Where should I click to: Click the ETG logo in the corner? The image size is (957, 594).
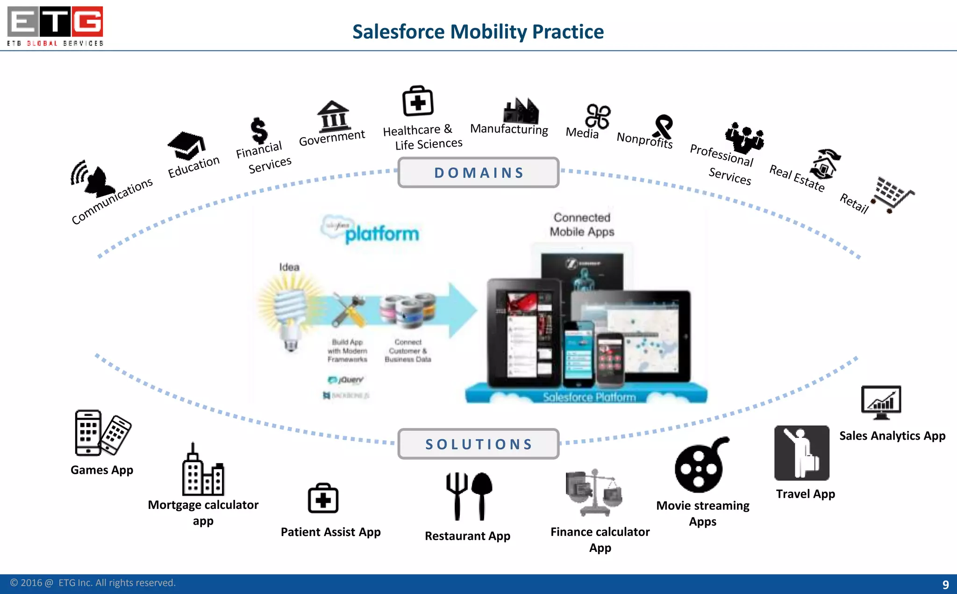coord(55,26)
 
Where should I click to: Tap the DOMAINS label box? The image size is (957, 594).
coord(478,173)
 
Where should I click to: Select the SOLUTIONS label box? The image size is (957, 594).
coord(478,444)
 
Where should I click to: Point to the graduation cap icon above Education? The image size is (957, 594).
coord(186,145)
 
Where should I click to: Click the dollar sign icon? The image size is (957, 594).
coord(259,130)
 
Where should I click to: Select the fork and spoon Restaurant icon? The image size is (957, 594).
coord(469,496)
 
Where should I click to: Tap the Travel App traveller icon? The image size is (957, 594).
coord(802,453)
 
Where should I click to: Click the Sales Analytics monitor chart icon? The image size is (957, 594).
coord(881,402)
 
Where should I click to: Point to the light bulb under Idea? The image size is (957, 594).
coord(291,313)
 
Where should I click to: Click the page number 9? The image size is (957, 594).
coord(945,584)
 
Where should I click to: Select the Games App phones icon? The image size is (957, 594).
coord(102,433)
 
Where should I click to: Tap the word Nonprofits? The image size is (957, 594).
coord(644,140)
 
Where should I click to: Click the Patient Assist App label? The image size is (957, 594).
coord(330,532)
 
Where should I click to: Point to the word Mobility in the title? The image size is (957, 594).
coord(488,32)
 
